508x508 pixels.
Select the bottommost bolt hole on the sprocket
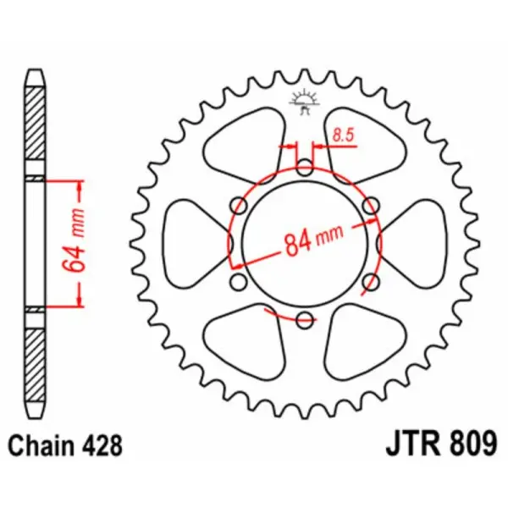click(304, 319)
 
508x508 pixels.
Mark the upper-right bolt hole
click(370, 206)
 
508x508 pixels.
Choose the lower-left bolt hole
click(238, 281)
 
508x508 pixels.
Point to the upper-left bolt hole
click(238, 206)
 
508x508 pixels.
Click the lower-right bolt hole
click(370, 281)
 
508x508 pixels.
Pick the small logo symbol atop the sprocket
click(305, 101)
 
